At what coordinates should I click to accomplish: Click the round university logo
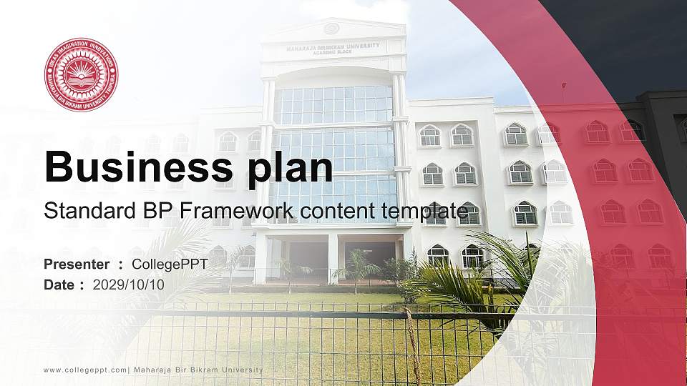(x=81, y=75)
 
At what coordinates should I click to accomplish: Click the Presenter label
(x=77, y=264)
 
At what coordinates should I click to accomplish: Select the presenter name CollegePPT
(x=170, y=264)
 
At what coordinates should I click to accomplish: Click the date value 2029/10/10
(x=129, y=284)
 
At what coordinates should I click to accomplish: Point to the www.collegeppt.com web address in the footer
(x=85, y=370)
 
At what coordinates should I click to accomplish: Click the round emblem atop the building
(x=331, y=29)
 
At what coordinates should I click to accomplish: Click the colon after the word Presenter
(x=121, y=264)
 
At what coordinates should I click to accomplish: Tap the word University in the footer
(x=242, y=370)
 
